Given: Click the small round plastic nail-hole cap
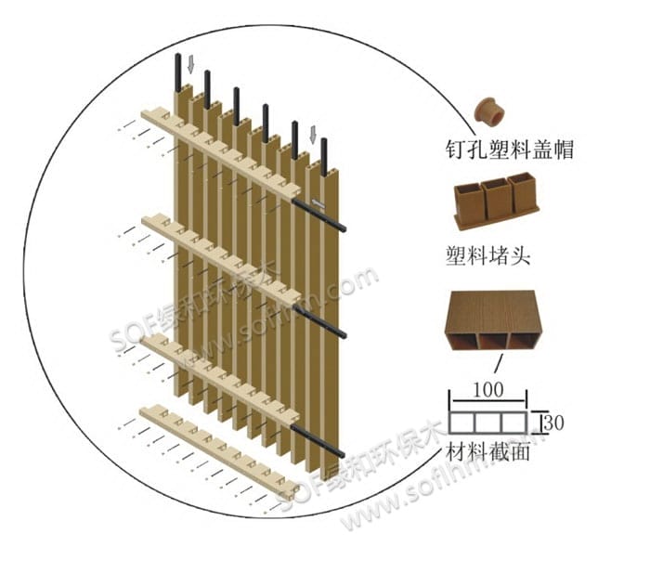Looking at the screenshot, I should (x=491, y=112).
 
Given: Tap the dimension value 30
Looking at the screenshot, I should (x=555, y=422).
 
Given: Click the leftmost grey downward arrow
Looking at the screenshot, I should (x=190, y=64).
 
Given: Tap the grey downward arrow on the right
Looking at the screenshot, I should (x=313, y=136).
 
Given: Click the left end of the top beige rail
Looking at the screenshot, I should (x=149, y=117).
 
